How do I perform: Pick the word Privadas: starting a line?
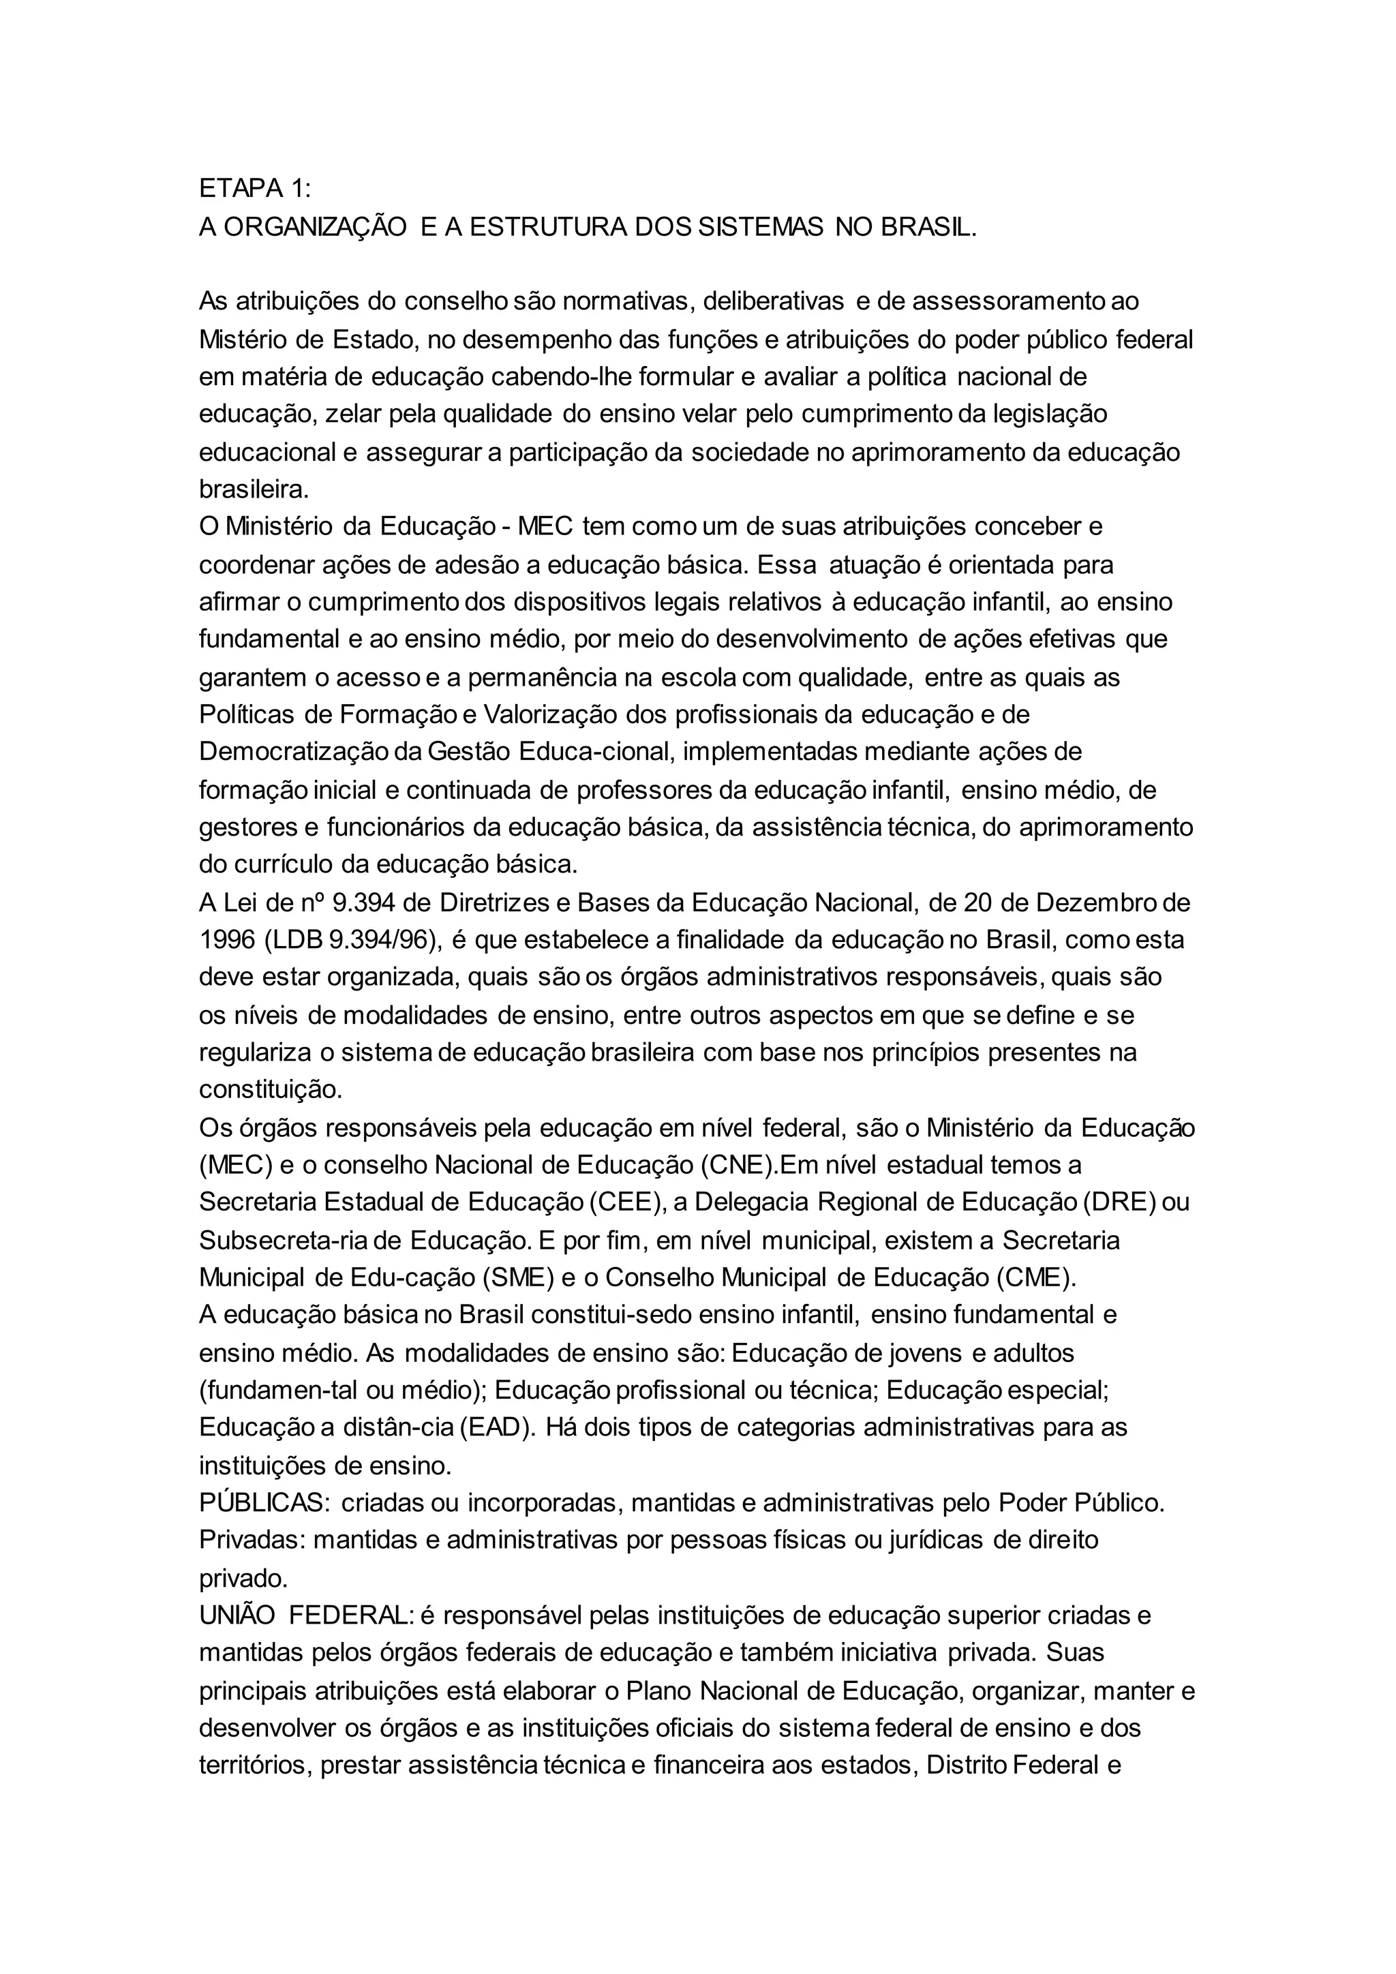tap(252, 1540)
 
